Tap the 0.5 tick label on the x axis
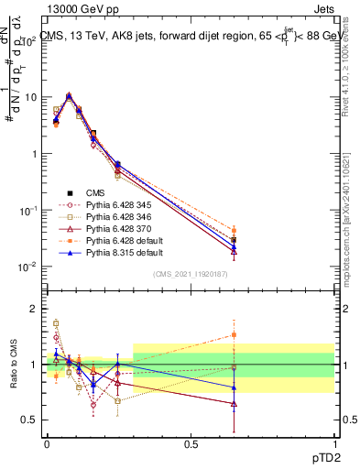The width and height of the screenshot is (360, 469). click(191, 442)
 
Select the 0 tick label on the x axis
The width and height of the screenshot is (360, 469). click(47, 442)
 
